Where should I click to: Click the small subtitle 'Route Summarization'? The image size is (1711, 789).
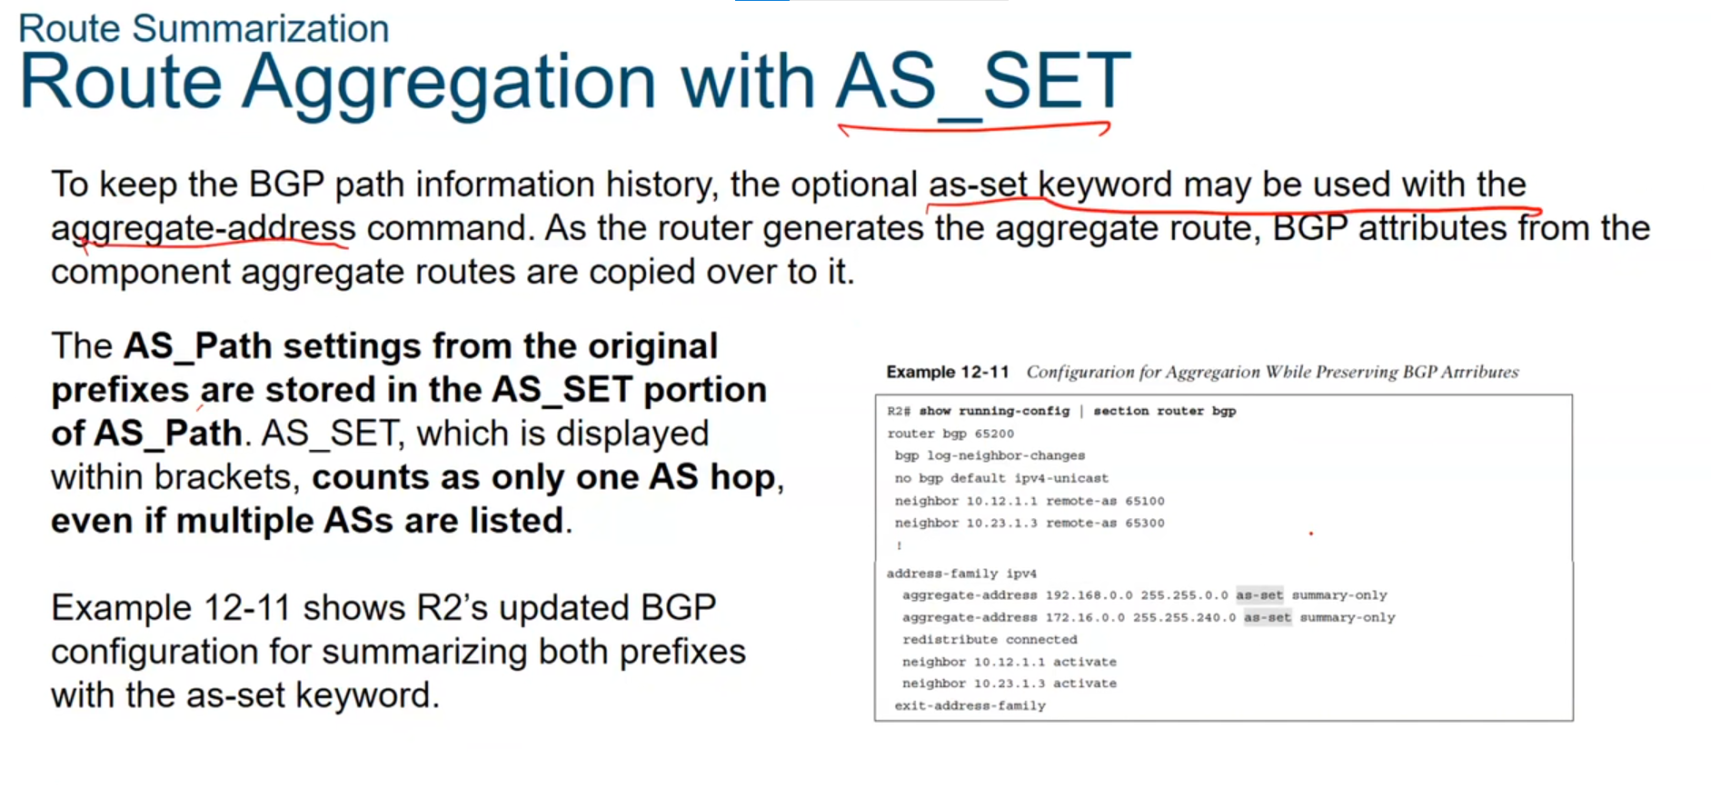[204, 28]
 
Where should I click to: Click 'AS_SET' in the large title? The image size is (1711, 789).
[983, 82]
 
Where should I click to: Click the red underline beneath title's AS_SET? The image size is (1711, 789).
[973, 128]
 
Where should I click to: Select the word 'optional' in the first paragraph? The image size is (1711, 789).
[853, 185]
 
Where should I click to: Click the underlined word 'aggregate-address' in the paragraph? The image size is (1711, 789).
[204, 228]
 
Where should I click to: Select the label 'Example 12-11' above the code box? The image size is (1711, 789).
[948, 372]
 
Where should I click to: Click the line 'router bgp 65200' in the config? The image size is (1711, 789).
[950, 434]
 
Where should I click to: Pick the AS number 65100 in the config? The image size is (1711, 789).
[1145, 501]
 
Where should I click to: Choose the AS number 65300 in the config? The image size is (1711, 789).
[1145, 523]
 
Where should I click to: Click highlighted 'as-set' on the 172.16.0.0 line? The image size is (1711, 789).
[1268, 617]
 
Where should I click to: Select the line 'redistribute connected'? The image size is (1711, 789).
[990, 639]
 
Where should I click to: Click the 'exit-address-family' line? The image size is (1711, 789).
[970, 705]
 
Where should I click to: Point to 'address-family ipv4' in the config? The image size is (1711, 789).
[961, 574]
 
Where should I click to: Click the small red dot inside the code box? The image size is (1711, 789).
[1311, 534]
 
